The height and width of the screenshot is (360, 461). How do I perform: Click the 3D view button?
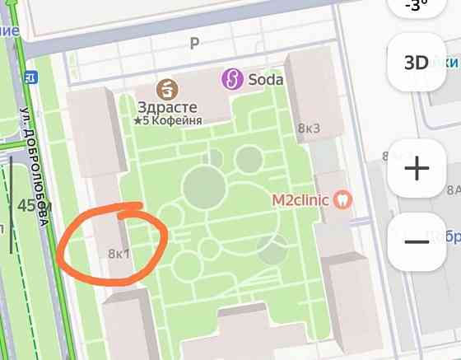click(417, 63)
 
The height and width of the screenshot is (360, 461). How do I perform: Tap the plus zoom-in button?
click(417, 169)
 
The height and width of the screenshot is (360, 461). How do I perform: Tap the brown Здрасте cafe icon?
click(169, 87)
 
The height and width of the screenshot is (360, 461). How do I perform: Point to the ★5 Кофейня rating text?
click(168, 121)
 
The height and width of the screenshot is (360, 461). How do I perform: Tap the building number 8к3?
click(309, 128)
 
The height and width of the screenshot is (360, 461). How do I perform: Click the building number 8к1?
click(119, 253)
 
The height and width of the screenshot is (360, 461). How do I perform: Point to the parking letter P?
click(195, 44)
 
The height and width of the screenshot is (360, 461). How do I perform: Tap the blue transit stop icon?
click(32, 77)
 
